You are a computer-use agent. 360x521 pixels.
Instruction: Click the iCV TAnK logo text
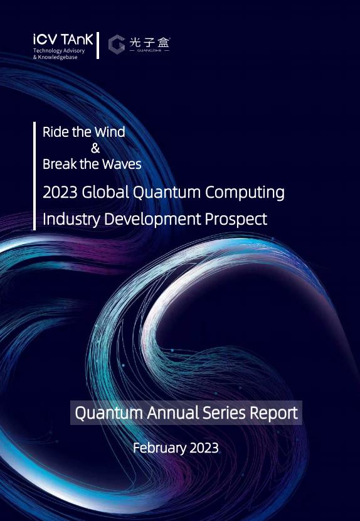pyautogui.click(x=63, y=40)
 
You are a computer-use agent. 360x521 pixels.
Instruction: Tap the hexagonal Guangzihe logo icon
pyautogui.click(x=117, y=44)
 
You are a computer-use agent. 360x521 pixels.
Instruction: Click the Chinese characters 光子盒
pyautogui.click(x=149, y=42)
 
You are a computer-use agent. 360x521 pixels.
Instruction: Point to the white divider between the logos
pyautogui.click(x=98, y=46)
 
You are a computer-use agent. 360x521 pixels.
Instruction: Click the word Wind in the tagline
pyautogui.click(x=110, y=132)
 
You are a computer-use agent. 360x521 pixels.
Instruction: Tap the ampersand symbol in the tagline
pyautogui.click(x=95, y=148)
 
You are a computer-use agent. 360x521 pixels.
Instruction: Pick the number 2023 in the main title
pyautogui.click(x=60, y=192)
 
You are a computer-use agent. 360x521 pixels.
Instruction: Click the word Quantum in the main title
pyautogui.click(x=166, y=193)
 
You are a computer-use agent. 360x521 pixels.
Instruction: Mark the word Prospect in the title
pyautogui.click(x=236, y=220)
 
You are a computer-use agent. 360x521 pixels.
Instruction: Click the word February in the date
pyautogui.click(x=159, y=448)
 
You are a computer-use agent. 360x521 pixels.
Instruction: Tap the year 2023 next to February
pyautogui.click(x=204, y=448)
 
